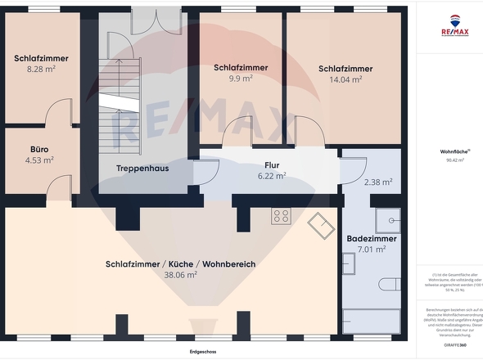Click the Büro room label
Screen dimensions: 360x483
click(39, 150)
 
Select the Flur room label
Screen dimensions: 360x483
click(271, 164)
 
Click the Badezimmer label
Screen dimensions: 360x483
click(372, 239)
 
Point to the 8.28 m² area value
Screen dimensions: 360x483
click(40, 70)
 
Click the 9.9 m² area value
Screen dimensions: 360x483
click(240, 79)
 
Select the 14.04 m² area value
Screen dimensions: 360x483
click(345, 79)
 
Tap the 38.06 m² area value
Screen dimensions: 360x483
click(180, 276)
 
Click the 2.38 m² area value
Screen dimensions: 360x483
click(377, 182)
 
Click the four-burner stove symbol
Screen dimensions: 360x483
click(282, 216)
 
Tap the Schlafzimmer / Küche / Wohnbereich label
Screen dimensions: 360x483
click(180, 264)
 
